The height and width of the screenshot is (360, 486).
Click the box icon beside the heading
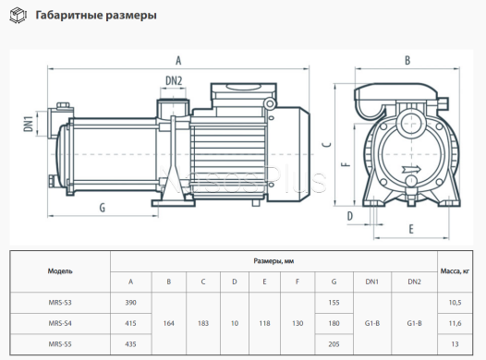pos(18,16)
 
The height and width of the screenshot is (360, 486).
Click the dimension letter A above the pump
pos(178,60)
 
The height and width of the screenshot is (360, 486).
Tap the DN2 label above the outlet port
pos(174,81)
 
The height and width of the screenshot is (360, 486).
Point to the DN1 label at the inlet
pos(29,124)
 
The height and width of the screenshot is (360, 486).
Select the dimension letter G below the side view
pos(103,208)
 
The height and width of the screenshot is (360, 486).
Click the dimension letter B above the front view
pos(407,60)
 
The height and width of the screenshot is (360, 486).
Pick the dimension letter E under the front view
pos(411,229)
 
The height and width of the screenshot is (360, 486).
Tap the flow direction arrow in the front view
pos(411,169)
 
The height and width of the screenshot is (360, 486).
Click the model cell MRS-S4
pos(60,323)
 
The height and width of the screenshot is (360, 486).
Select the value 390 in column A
pos(131,303)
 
